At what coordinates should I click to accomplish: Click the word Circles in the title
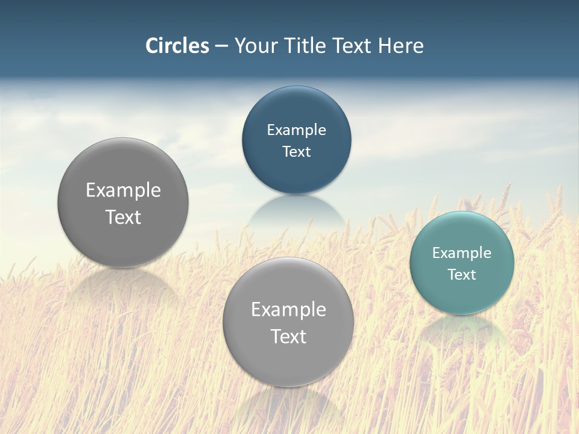pyautogui.click(x=177, y=46)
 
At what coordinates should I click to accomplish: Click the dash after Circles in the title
pyautogui.click(x=221, y=46)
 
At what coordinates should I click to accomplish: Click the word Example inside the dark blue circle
pyautogui.click(x=296, y=130)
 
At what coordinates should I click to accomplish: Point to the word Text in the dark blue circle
pyautogui.click(x=296, y=152)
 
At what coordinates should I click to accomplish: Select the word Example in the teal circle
pyautogui.click(x=462, y=253)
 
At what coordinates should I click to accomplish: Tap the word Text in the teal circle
pyautogui.click(x=462, y=275)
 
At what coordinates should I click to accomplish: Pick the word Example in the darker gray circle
pyautogui.click(x=123, y=190)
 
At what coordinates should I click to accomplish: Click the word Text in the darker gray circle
pyautogui.click(x=123, y=217)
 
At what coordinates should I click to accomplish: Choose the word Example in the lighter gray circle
pyautogui.click(x=288, y=310)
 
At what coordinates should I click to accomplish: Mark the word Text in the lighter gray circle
pyautogui.click(x=288, y=336)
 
